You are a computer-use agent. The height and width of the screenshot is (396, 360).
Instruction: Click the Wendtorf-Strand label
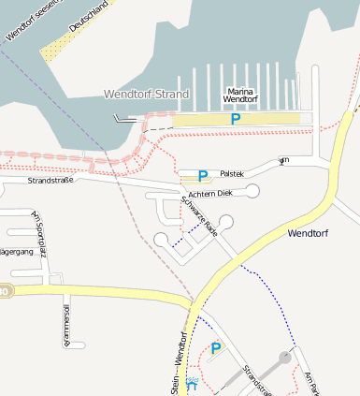(x=146, y=95)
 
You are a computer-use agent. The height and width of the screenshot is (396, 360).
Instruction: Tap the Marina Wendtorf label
(x=239, y=95)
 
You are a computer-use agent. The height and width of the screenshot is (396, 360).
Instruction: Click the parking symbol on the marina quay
(x=236, y=119)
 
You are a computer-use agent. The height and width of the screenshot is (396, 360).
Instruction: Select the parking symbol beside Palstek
(x=203, y=175)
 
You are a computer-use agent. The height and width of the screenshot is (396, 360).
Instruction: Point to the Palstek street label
(x=232, y=174)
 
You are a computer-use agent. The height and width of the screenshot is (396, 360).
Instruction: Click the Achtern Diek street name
(x=209, y=193)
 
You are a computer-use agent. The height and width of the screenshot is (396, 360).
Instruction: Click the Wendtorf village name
(x=310, y=233)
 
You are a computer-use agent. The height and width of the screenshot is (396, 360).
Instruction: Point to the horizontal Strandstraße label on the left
(x=50, y=179)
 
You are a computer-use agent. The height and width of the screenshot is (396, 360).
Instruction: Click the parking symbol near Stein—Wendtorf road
(x=216, y=348)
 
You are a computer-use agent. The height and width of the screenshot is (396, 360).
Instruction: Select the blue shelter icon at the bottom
(x=192, y=383)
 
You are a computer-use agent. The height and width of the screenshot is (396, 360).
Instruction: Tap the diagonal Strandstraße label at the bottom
(x=256, y=379)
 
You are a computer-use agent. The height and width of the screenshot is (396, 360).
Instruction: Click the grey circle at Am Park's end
(x=285, y=357)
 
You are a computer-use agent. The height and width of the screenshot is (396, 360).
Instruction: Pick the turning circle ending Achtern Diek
(x=252, y=191)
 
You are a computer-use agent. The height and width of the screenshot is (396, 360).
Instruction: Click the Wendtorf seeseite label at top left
(x=29, y=20)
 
